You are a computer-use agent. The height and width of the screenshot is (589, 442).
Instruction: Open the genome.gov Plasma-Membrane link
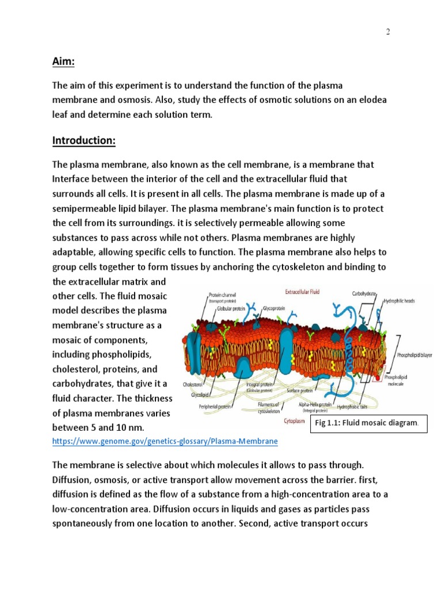click(x=165, y=441)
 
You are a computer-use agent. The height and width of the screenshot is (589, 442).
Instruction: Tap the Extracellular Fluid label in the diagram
click(x=299, y=292)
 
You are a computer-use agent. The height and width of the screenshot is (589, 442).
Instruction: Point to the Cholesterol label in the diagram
click(x=194, y=384)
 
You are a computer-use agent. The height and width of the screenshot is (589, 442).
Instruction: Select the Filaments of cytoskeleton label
click(x=268, y=407)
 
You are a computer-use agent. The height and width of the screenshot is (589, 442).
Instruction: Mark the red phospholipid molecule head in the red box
click(x=378, y=378)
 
